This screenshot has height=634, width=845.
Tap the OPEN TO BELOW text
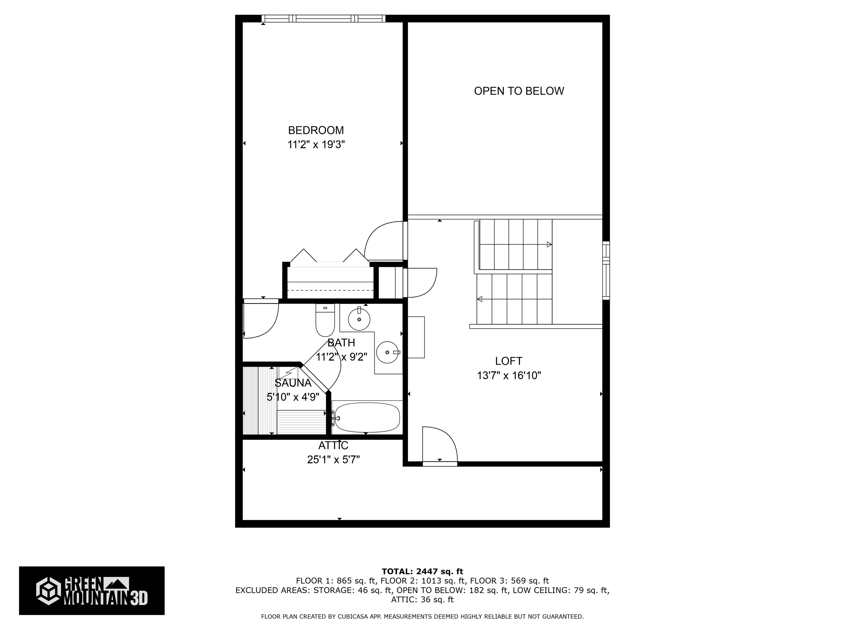pos(519,91)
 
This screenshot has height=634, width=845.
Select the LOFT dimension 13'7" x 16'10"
pos(509,376)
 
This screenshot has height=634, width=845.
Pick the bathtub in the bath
pos(366,417)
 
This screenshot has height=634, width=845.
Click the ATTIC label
pos(333,446)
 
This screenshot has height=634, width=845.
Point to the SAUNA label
pos(293,383)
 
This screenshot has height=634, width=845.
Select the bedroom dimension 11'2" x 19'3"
pos(316,145)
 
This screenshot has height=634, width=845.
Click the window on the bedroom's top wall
pos(323,18)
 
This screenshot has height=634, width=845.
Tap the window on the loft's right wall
pos(606,270)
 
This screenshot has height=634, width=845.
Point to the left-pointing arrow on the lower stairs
pos(480,299)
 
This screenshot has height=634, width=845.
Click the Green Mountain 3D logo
pos(92,591)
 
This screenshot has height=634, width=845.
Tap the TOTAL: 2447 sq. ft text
pos(422,571)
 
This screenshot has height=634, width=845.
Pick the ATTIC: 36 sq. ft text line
pos(422,600)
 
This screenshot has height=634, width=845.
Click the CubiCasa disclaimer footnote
pos(422,616)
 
